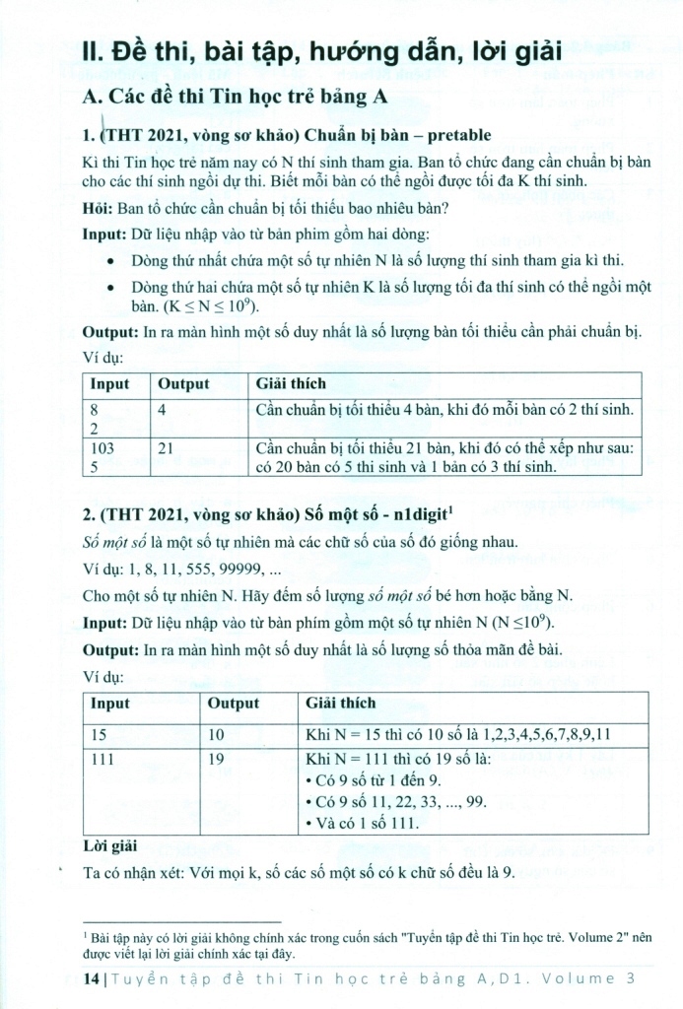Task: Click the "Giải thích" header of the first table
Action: tap(291, 383)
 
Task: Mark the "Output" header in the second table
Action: tap(233, 704)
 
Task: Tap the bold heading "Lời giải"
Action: tap(110, 845)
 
